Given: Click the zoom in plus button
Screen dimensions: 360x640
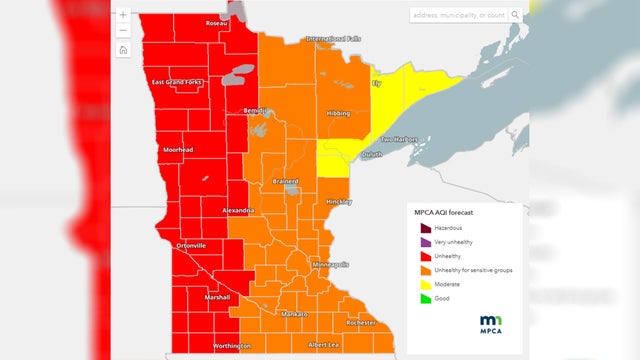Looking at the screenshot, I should tap(122, 15).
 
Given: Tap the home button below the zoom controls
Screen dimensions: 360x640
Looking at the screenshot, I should tap(122, 49).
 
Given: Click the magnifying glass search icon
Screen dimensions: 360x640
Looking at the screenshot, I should tap(516, 15).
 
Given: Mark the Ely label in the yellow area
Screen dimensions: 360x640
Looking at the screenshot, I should tap(376, 84).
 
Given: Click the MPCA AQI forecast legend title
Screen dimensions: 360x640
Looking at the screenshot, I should tap(446, 212).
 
